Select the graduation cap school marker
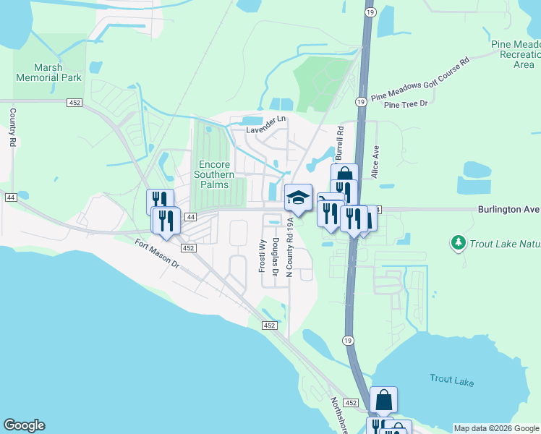pos(298,197)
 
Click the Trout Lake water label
pos(451,378)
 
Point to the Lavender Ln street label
pos(267,130)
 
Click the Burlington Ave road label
pos(508,210)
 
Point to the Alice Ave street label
pos(375,161)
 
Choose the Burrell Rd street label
pos(338,142)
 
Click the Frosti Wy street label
pos(263,254)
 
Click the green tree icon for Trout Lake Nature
pos(457,242)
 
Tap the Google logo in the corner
pos(24,425)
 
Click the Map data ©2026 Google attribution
pos(496,428)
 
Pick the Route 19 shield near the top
pos(370,12)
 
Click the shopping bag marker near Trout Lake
pos(383,400)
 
